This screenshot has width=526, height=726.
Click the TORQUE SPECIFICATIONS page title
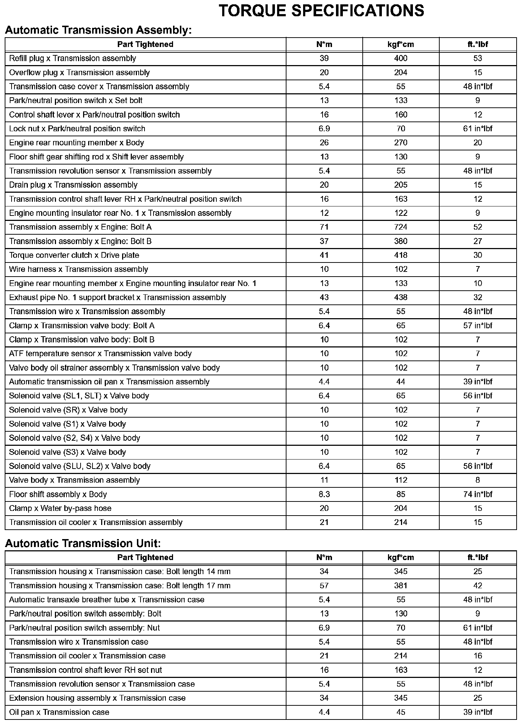point(321,11)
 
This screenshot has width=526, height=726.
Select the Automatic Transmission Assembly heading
point(98,30)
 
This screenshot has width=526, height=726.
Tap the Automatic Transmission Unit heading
point(83,543)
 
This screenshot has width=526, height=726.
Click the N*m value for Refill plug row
point(324,58)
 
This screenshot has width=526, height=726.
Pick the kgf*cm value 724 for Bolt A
point(401,227)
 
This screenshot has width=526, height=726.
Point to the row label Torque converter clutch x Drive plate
point(74,255)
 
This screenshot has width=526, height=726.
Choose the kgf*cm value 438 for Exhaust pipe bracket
point(401,297)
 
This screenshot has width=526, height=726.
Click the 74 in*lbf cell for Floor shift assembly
point(478,494)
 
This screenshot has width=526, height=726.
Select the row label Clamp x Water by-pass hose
point(60,508)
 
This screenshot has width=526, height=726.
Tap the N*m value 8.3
point(324,494)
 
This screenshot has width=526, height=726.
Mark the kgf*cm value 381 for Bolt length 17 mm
point(401,586)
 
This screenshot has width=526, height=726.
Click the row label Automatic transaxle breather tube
point(107,600)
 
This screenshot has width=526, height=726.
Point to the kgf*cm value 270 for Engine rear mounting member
point(401,142)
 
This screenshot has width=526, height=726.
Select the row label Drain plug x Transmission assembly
point(73,185)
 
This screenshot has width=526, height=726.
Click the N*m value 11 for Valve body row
point(324,480)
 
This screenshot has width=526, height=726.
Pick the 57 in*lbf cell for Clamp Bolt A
point(478,325)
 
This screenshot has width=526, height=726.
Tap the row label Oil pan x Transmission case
point(59,712)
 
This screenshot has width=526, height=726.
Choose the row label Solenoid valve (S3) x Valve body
point(68,452)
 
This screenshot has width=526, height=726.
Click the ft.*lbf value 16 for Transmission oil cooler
point(478,656)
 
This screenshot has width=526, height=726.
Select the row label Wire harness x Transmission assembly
point(78,269)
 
